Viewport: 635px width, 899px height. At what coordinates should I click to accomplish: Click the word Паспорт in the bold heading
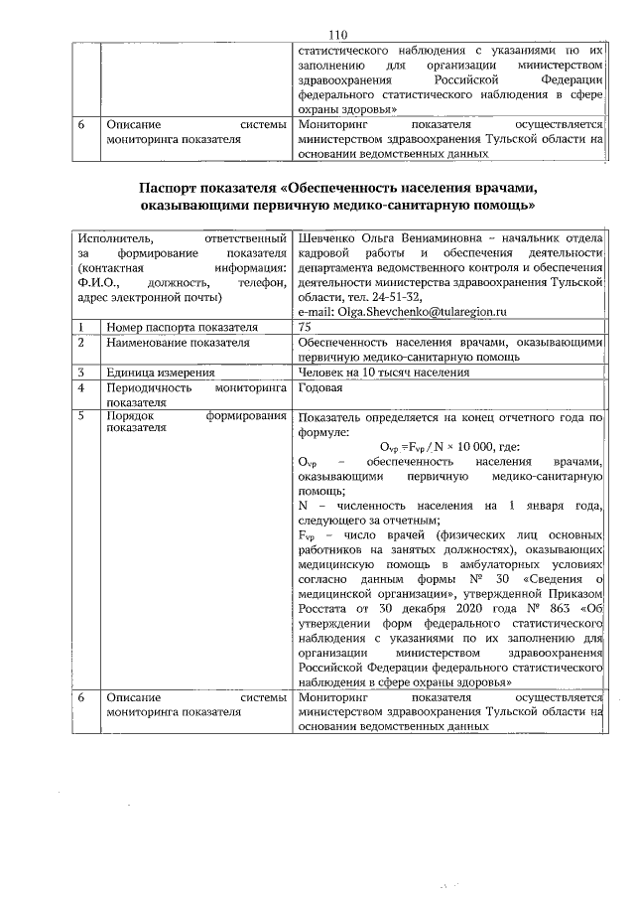pos(171,189)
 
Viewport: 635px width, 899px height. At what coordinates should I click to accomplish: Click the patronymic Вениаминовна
pos(442,239)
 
